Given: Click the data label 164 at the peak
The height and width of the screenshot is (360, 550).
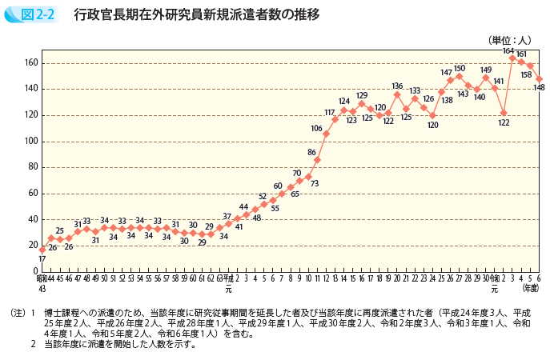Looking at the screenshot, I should [508, 50].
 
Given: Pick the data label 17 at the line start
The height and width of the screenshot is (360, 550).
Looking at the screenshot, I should [42, 259].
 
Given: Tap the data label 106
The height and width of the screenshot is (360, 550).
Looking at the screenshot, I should [316, 128].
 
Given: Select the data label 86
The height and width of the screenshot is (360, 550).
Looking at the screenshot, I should [312, 151].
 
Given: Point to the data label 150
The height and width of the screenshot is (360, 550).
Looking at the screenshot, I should [459, 68].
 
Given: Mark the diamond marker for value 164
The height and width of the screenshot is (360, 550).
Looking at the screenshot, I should [512, 58].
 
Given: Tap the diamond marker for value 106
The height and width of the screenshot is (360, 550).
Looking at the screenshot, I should [326, 134].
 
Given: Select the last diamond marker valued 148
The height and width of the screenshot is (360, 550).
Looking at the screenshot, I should [539, 78].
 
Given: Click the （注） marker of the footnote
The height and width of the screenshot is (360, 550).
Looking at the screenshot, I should [18, 313].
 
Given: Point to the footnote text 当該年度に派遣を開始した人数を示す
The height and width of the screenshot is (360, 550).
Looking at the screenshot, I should [119, 345].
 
